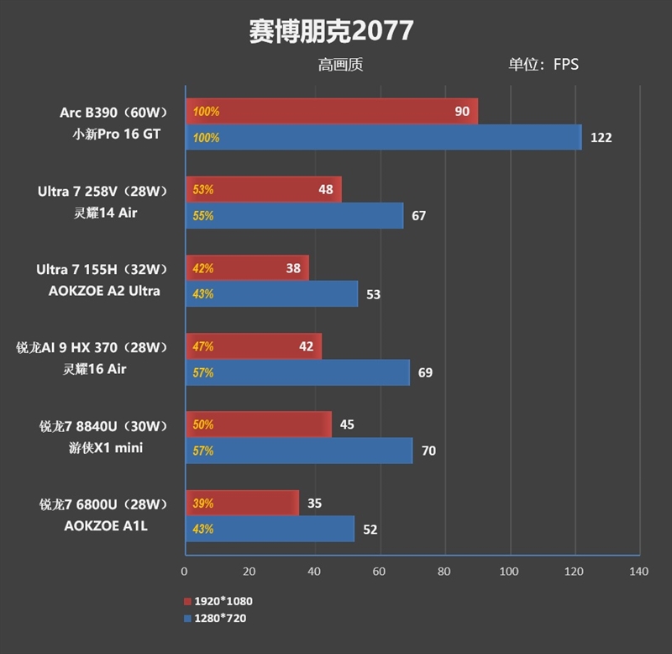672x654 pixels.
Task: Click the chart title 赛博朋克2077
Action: [x=331, y=30]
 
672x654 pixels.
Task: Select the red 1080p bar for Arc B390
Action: [x=331, y=111]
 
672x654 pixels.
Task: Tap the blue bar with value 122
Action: [x=382, y=137]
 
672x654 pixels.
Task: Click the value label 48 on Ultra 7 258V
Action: [x=326, y=189]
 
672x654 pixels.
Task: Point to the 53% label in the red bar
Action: [x=203, y=189]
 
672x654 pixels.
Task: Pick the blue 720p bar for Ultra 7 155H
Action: [x=270, y=293]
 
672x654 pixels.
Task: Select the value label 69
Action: [x=425, y=372]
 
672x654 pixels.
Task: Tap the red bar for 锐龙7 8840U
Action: [x=258, y=425]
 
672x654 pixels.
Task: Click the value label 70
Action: [x=428, y=451]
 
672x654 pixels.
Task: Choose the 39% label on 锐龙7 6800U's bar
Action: [x=203, y=504]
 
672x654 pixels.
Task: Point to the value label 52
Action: [x=370, y=530]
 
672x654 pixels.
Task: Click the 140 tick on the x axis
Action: [x=638, y=572]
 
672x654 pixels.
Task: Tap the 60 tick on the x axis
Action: [x=379, y=572]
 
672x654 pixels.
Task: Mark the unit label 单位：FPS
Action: [x=543, y=64]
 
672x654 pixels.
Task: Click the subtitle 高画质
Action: [x=340, y=64]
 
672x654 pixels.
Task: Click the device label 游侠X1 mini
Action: [x=106, y=448]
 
